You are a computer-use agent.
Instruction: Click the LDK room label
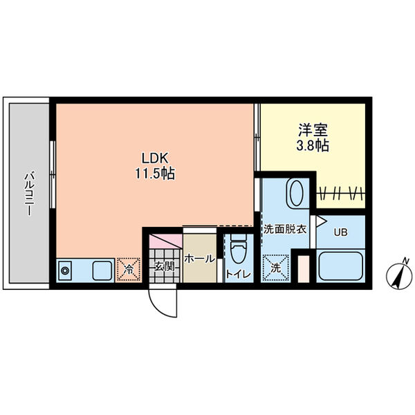pyautogui.click(x=155, y=158)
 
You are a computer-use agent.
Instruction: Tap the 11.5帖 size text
pyautogui.click(x=155, y=174)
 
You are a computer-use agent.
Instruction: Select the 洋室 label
pyautogui.click(x=313, y=130)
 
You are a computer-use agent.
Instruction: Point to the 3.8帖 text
pyautogui.click(x=313, y=145)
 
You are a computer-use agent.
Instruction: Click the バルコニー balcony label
pyautogui.click(x=29, y=194)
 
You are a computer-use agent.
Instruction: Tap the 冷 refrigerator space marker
pyautogui.click(x=129, y=269)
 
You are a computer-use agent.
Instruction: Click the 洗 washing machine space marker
pyautogui.click(x=275, y=268)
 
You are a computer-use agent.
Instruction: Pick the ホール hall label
pyautogui.click(x=200, y=259)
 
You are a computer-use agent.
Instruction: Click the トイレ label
pyautogui.click(x=239, y=274)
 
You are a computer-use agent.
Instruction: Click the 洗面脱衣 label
pyautogui.click(x=285, y=229)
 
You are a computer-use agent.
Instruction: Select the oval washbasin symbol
pyautogui.click(x=297, y=193)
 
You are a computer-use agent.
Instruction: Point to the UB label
pyautogui.click(x=340, y=232)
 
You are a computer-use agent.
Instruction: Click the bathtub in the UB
pyautogui.click(x=340, y=266)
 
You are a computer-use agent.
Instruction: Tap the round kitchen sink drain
pyautogui.click(x=64, y=270)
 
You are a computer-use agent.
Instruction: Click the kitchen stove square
pyautogui.click(x=102, y=270)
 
